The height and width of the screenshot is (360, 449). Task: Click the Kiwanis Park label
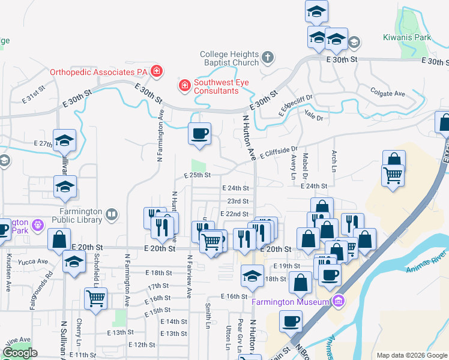[407, 37]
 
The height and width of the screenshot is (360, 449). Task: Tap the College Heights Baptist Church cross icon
[268, 59]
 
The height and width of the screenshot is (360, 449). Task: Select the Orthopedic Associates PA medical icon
[157, 72]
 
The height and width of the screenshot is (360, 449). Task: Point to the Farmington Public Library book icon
[112, 214]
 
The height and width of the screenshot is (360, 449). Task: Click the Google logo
[20, 353]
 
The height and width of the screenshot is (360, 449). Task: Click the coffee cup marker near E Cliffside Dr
[200, 133]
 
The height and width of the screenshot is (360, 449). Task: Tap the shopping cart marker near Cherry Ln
[96, 298]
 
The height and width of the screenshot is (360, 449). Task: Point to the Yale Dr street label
[313, 114]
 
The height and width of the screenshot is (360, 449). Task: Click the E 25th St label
[197, 175]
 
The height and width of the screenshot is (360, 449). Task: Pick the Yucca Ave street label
[34, 262]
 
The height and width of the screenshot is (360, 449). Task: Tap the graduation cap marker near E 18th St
[253, 276]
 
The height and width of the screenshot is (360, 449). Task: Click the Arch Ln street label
[334, 160]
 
